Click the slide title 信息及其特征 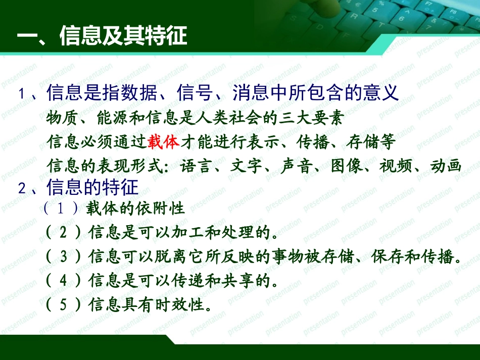pos(123,36)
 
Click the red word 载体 pos(163,142)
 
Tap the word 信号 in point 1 pos(195,93)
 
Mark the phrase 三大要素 pos(310,119)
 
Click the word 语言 pos(196,167)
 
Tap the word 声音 pos(297,167)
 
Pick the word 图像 pos(347,167)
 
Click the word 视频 pos(396,167)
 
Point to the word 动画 pos(446,167)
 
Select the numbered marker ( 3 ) pos(63,256)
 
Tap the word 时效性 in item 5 pos(185,305)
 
